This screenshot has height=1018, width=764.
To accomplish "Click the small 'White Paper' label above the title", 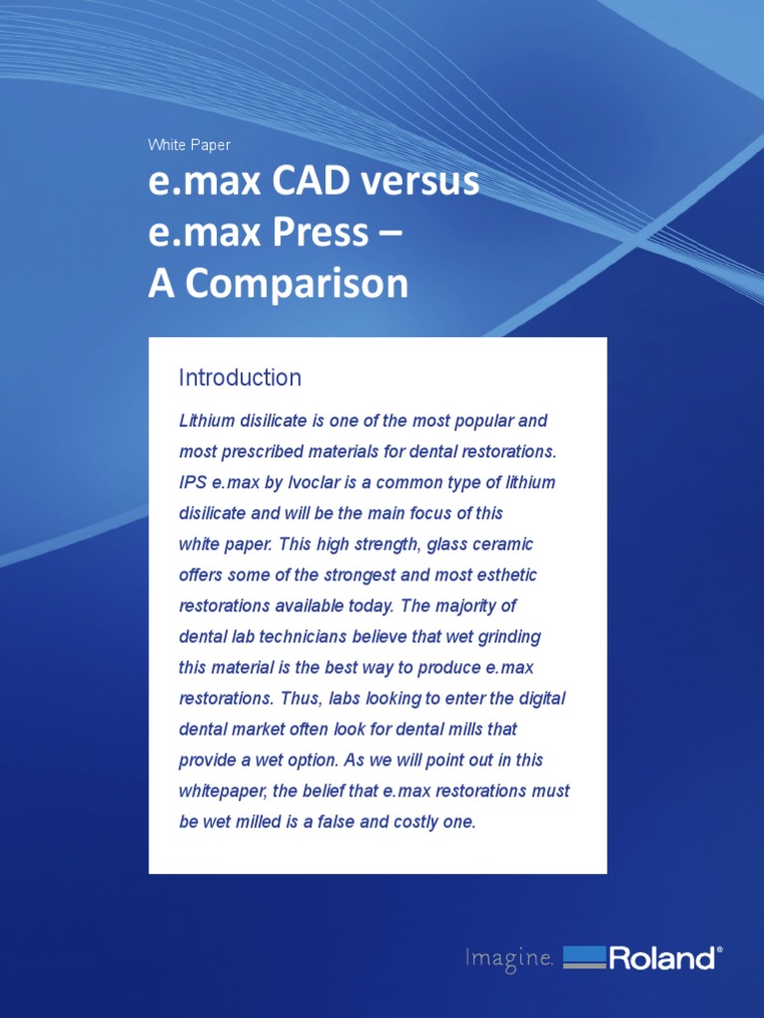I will point(189,145).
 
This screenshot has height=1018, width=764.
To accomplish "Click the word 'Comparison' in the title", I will point(296,284).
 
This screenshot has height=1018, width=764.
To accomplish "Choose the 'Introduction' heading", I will point(240,378).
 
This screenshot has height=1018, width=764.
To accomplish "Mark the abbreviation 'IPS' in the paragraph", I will point(193,482).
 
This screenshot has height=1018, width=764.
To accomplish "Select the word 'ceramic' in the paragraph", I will point(503,544).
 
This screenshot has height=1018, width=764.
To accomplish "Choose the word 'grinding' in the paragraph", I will point(508,636).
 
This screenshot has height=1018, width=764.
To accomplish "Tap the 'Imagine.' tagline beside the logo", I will point(508,958).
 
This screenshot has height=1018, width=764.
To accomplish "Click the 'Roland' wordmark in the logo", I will point(662,958).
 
